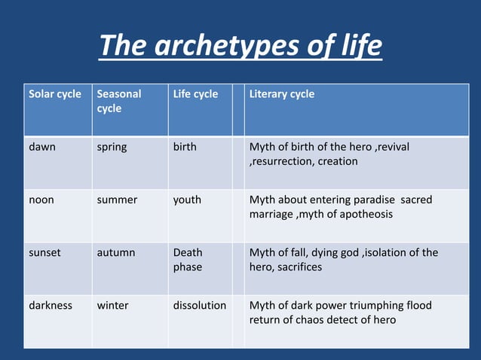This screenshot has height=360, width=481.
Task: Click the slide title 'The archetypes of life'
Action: coord(240,47)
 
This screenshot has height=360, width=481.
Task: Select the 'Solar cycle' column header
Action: coord(55,95)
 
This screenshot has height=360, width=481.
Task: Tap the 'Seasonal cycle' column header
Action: coord(119,102)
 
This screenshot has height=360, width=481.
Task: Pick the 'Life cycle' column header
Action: coord(195,95)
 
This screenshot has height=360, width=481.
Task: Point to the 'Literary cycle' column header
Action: coord(282,95)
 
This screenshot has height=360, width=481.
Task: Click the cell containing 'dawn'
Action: coord(42,147)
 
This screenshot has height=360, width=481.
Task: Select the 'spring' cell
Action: coord(112,147)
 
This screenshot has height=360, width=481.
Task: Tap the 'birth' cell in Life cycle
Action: coord(185,147)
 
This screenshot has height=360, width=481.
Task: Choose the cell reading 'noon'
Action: coord(41,200)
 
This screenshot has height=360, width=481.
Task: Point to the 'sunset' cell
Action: coord(44,253)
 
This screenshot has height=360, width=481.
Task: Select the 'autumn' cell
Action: coord(116,253)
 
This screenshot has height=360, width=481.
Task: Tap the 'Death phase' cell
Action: coord(188,260)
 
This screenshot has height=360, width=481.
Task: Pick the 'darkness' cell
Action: coord(51,306)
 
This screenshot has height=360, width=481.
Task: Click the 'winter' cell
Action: coord(112,306)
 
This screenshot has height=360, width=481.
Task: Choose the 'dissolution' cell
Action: coord(199,306)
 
